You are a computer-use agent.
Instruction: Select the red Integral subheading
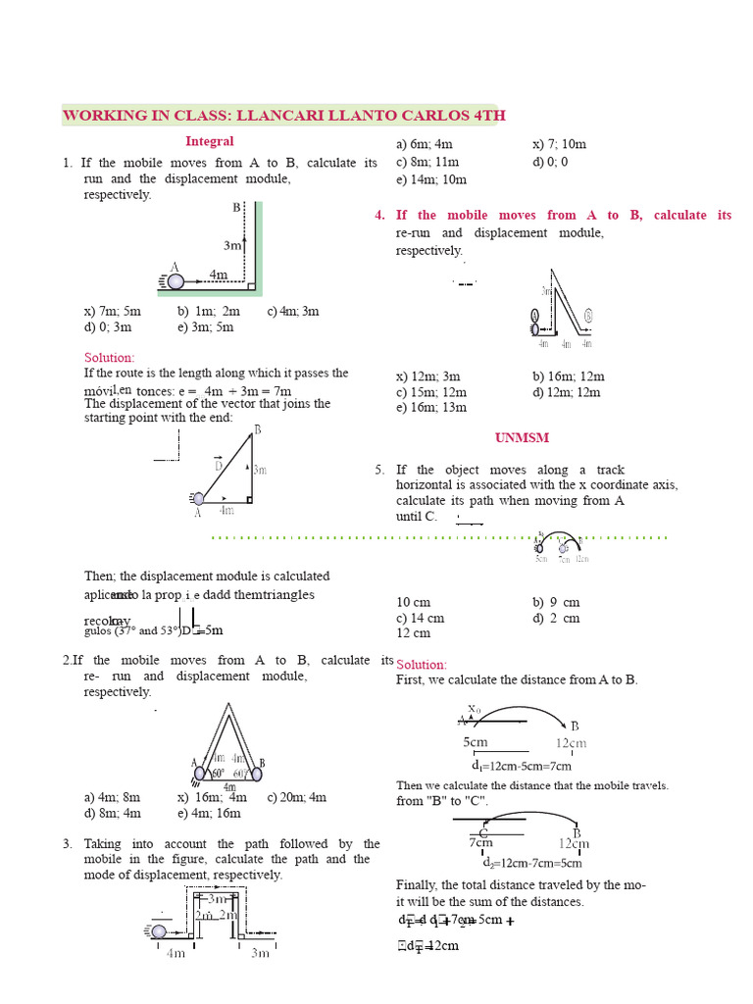210,142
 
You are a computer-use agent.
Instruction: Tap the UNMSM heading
523,437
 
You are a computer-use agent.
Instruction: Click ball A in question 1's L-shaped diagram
176,281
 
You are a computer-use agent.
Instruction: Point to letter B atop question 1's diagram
236,208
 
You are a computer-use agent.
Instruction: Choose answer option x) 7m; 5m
112,312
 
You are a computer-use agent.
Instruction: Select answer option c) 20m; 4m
296,797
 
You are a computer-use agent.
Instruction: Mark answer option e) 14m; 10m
431,179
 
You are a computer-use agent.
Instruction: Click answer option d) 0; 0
550,162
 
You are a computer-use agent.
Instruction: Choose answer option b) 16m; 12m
569,376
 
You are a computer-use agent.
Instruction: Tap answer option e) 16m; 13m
431,408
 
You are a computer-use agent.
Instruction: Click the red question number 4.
379,216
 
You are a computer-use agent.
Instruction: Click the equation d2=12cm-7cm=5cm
532,863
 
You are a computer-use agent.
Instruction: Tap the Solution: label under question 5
421,665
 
